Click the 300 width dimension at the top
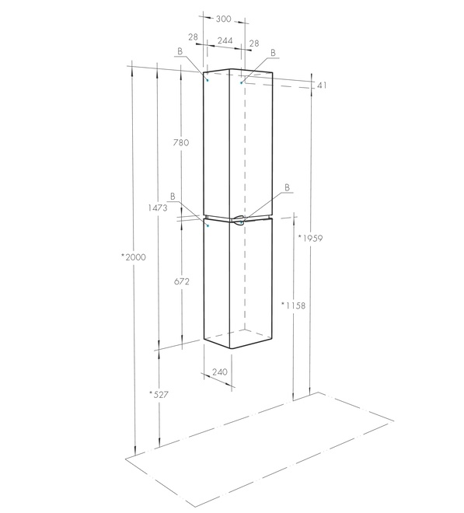point(224,19)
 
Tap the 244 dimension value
point(225,40)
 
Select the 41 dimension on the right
point(322,85)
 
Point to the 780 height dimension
point(181,142)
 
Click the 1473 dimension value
point(158,208)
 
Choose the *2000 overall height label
point(134,257)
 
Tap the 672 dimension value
point(182,281)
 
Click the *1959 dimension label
point(310,238)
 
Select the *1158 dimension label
point(294,305)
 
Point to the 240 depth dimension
point(220,372)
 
